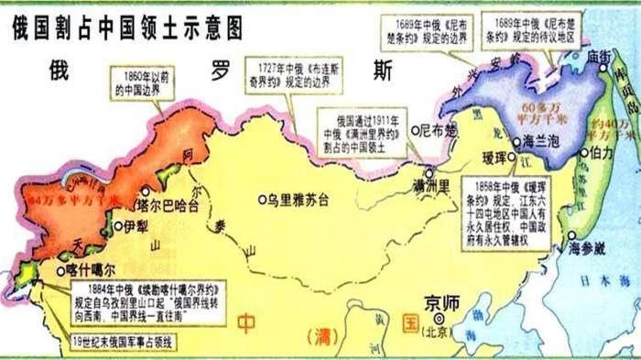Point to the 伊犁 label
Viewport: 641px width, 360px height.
(135, 225)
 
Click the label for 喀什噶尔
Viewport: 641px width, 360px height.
(90, 271)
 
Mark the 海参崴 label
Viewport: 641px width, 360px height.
(587, 248)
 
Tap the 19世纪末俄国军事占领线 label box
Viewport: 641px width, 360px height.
(129, 342)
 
